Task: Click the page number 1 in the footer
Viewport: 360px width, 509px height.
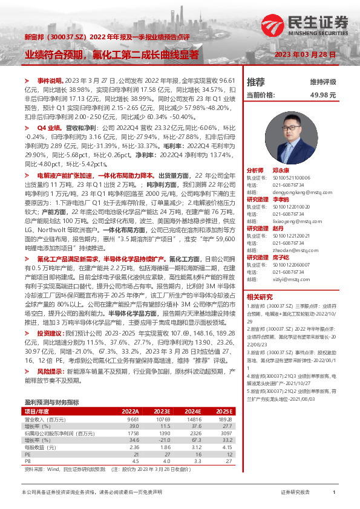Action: click(334, 492)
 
